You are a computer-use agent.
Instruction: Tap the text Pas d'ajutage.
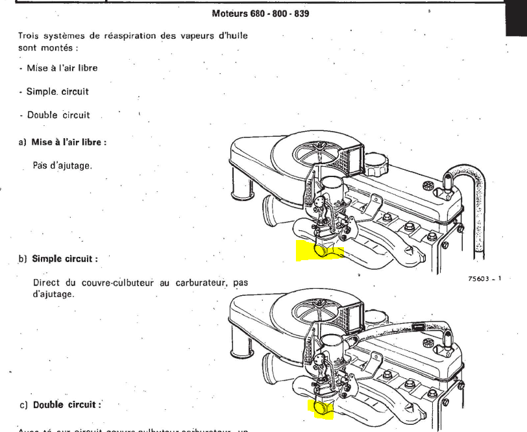62,166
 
